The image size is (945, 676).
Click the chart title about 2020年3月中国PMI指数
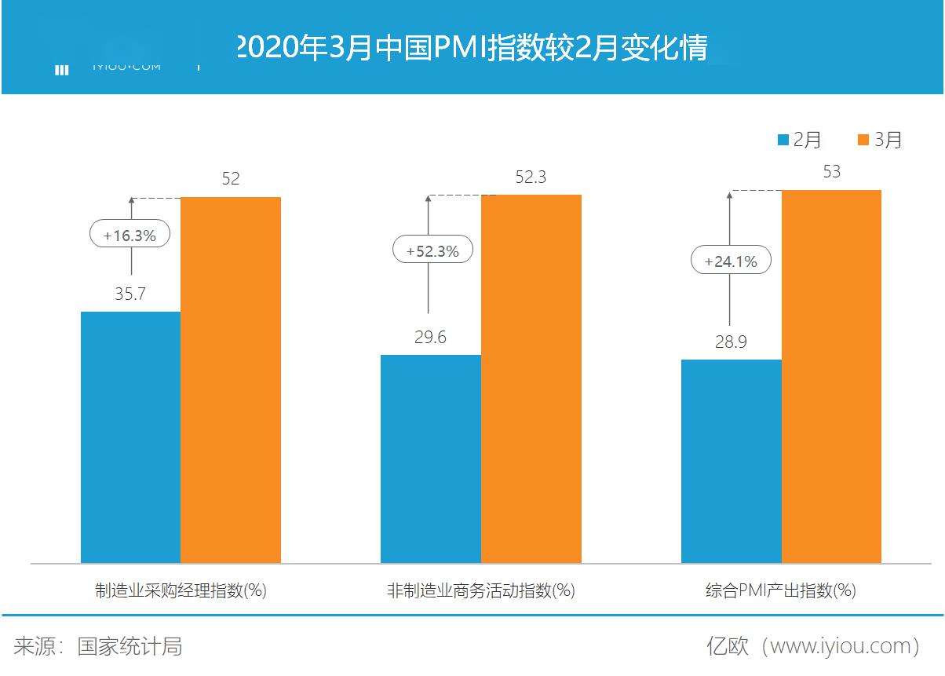(x=471, y=47)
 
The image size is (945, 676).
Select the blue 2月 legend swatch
(x=783, y=140)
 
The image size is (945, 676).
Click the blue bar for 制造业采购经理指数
(x=130, y=437)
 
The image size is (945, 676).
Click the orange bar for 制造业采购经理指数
(x=231, y=380)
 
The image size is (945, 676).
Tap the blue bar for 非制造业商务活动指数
(x=430, y=459)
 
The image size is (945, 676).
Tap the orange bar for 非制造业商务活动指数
(x=531, y=378)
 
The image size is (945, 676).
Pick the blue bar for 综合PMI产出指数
(x=731, y=461)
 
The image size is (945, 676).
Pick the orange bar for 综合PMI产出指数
(x=831, y=376)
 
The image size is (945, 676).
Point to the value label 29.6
(x=430, y=337)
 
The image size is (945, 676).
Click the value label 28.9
(x=731, y=342)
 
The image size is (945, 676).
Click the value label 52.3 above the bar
(x=531, y=177)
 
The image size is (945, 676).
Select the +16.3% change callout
(x=130, y=234)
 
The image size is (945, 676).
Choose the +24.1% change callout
(x=731, y=261)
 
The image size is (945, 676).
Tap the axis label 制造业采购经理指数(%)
(x=181, y=590)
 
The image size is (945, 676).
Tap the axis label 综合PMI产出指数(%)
(x=780, y=590)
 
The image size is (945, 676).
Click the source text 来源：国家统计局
(x=98, y=646)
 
